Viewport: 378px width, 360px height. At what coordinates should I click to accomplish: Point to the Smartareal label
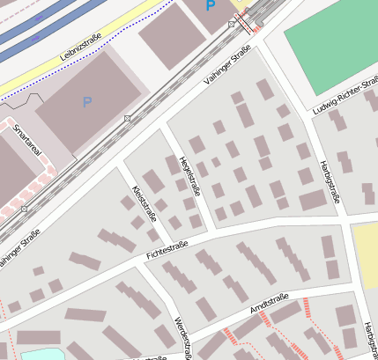(x=29, y=145)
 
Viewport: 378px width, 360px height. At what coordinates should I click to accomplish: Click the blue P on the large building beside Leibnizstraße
(x=86, y=102)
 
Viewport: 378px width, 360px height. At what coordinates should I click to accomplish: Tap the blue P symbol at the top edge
(x=210, y=5)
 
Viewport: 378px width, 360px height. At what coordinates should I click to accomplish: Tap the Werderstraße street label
(x=182, y=336)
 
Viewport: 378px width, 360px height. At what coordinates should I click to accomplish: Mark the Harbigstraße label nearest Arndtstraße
(x=368, y=340)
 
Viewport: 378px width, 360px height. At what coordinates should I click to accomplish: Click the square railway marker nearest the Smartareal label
(x=24, y=209)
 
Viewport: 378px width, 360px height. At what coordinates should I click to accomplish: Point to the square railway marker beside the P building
(x=128, y=118)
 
